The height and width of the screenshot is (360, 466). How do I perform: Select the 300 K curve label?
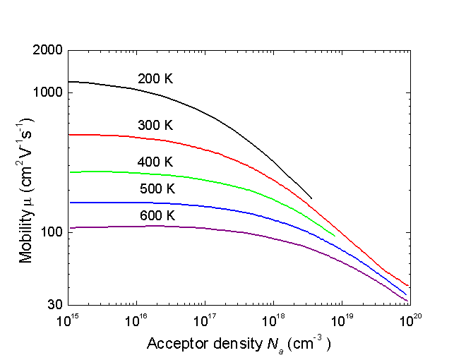point(155,125)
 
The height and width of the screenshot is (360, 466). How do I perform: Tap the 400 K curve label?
point(155,162)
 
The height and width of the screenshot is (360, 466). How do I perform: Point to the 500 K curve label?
point(155,188)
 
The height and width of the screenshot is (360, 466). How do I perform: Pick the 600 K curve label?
point(155,215)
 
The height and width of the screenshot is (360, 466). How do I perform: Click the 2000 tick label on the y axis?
point(47,51)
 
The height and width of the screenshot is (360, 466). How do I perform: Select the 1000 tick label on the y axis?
point(47,92)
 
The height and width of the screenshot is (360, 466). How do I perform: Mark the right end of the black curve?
point(311,198)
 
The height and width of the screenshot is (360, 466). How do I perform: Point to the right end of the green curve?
point(335,235)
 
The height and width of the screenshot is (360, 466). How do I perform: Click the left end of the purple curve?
point(70,227)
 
